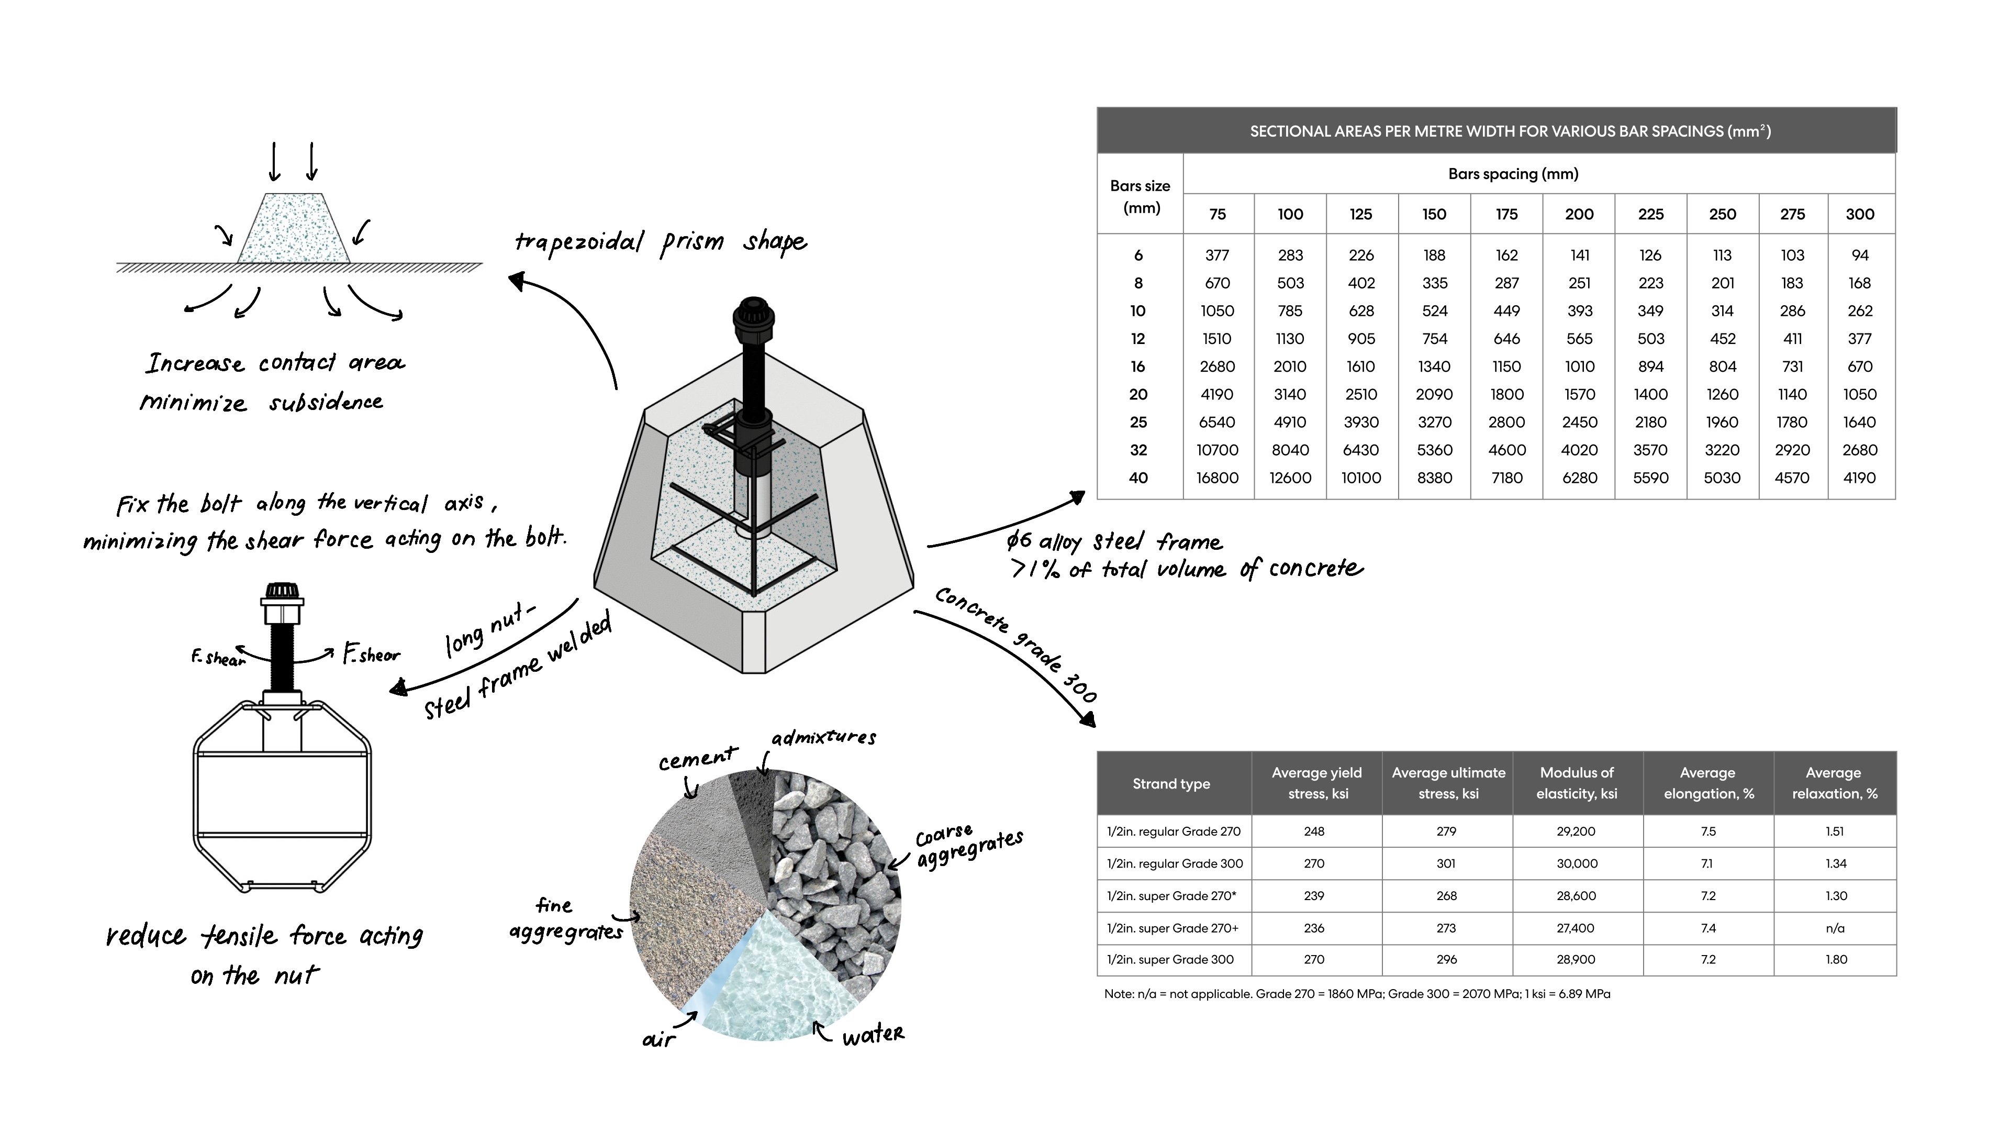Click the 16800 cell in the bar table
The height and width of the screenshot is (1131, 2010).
[1216, 478]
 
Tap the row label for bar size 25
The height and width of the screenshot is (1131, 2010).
[1138, 422]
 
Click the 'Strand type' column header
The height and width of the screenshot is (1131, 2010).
[1171, 784]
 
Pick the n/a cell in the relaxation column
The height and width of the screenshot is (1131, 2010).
[1835, 928]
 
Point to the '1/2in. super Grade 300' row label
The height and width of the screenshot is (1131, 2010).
[1170, 959]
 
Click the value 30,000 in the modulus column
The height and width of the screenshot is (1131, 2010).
[1576, 863]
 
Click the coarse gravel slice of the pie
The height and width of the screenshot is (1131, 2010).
[835, 859]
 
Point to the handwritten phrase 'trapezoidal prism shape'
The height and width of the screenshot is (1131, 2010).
[660, 242]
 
